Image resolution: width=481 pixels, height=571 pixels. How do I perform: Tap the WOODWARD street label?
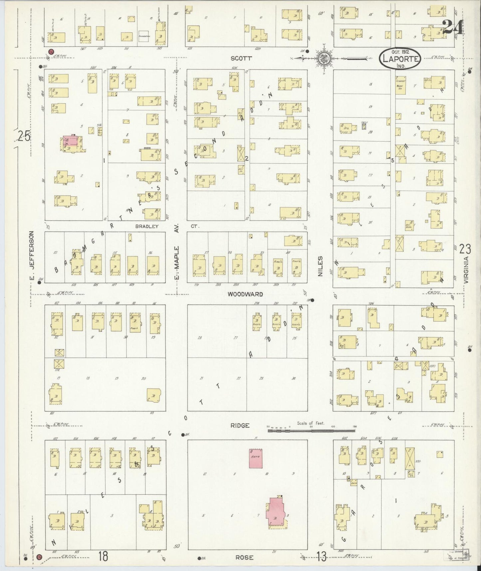pyautogui.click(x=245, y=294)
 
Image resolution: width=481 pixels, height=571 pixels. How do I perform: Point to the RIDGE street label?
pyautogui.click(x=240, y=426)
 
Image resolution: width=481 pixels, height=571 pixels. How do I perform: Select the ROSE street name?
pyautogui.click(x=245, y=557)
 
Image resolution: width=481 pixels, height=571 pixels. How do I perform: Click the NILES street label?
pyautogui.click(x=320, y=266)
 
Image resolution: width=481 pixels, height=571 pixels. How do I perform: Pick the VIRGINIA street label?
pyautogui.click(x=466, y=270)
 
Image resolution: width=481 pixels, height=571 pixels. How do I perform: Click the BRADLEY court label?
pyautogui.click(x=146, y=226)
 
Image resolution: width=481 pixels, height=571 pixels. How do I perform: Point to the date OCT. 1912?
pyautogui.click(x=400, y=52)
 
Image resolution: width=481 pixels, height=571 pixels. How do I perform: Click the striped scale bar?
pyautogui.click(x=311, y=431)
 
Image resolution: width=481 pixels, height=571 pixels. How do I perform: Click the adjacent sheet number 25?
pyautogui.click(x=24, y=136)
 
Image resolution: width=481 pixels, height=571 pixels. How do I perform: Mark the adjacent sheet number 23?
pyautogui.click(x=465, y=249)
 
